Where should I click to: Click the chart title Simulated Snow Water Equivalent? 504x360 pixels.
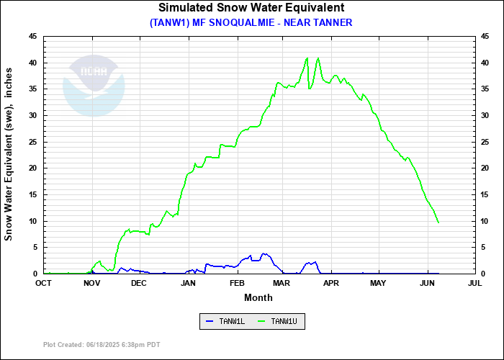point(251,8)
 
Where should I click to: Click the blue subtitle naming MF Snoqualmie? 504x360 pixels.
point(251,22)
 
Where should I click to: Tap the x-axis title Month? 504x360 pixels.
point(258,297)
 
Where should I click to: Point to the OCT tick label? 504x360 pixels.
point(43,284)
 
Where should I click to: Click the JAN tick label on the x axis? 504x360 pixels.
point(188,284)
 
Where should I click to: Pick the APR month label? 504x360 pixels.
point(331,284)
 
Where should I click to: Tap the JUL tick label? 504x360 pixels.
point(474,284)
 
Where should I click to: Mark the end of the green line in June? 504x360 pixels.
point(438,222)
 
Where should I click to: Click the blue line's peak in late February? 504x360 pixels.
point(264,253)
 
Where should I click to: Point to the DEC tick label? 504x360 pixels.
point(139,284)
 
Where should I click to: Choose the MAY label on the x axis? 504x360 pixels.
point(378,284)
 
